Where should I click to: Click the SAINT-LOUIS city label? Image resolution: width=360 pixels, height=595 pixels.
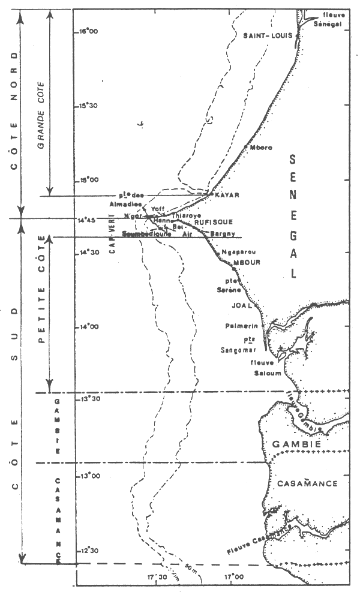[x=267, y=36]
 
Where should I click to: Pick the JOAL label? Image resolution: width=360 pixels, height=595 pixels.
[x=240, y=304]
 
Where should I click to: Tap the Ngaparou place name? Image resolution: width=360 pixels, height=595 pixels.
[x=235, y=253]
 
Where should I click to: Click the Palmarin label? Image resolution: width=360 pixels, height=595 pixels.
[x=238, y=327]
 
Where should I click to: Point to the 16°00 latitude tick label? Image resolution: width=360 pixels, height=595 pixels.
[x=89, y=31]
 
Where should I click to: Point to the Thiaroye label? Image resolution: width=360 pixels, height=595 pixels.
[x=186, y=215]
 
